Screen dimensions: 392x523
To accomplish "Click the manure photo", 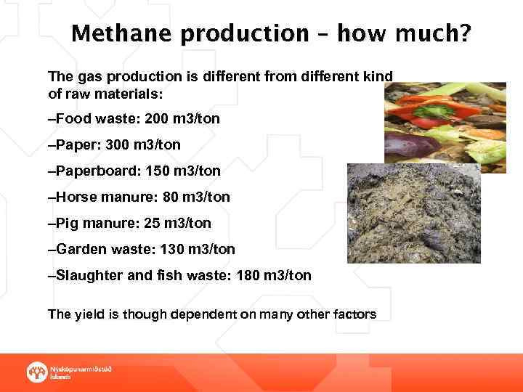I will (x=413, y=213).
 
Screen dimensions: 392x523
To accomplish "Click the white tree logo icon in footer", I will (x=36, y=372).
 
